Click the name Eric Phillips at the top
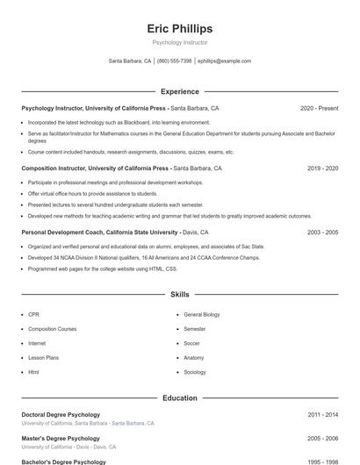click(x=179, y=29)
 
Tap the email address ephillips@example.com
click(x=224, y=61)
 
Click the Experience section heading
click(x=179, y=91)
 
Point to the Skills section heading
click(x=179, y=295)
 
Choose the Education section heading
click(x=179, y=398)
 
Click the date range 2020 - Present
click(x=319, y=108)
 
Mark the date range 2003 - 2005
click(x=322, y=232)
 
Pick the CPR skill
click(x=33, y=314)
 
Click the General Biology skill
click(x=201, y=314)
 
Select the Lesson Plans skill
click(x=43, y=358)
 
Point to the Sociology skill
click(x=194, y=372)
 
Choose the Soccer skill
click(x=191, y=343)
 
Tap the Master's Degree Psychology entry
click(x=61, y=438)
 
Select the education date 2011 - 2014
click(x=322, y=414)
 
